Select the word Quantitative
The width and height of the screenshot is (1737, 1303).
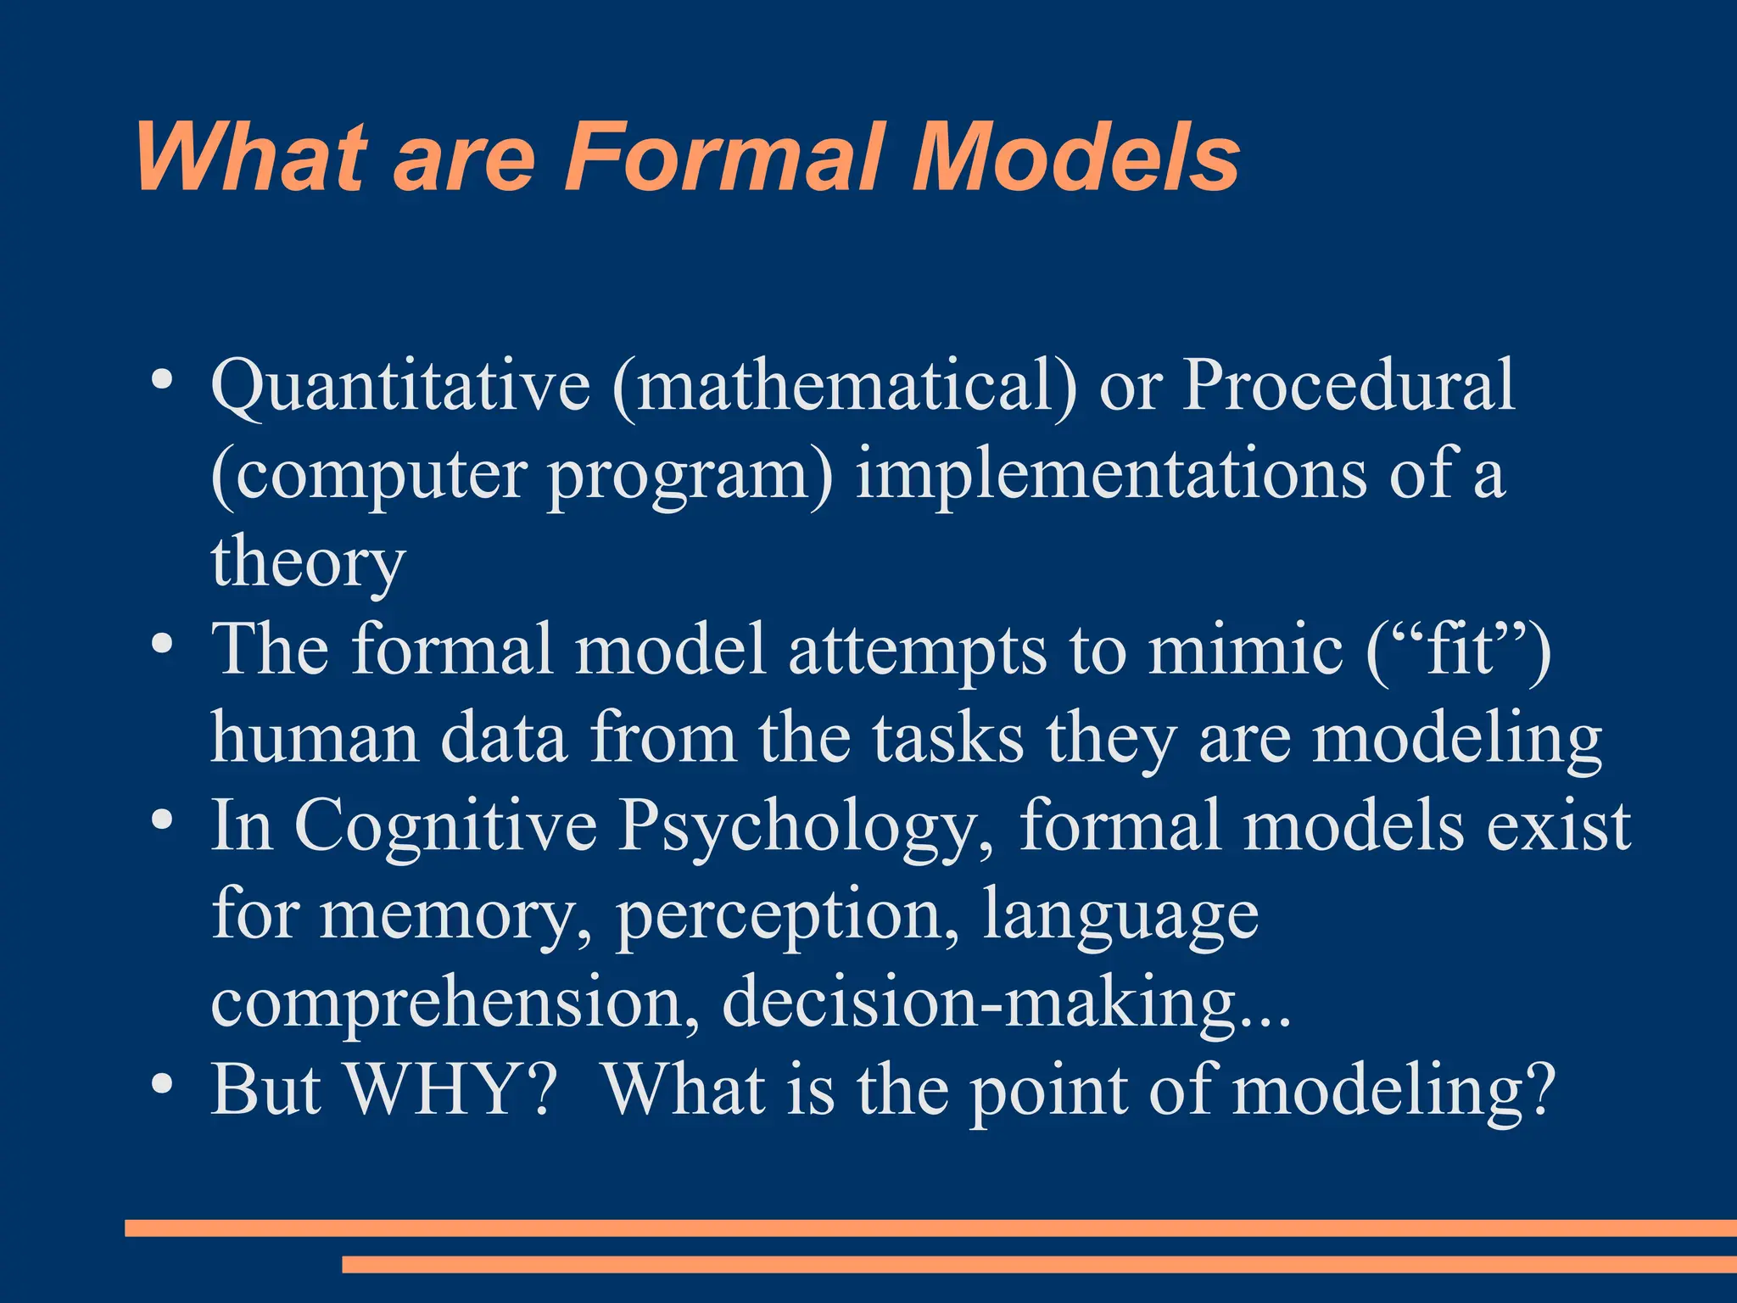(x=399, y=386)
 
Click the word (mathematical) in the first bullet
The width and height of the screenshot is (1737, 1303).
(x=844, y=386)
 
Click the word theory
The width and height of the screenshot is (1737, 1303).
(x=308, y=563)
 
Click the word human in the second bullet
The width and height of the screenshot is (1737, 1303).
(x=315, y=737)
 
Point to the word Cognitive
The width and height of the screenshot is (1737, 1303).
(x=445, y=826)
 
